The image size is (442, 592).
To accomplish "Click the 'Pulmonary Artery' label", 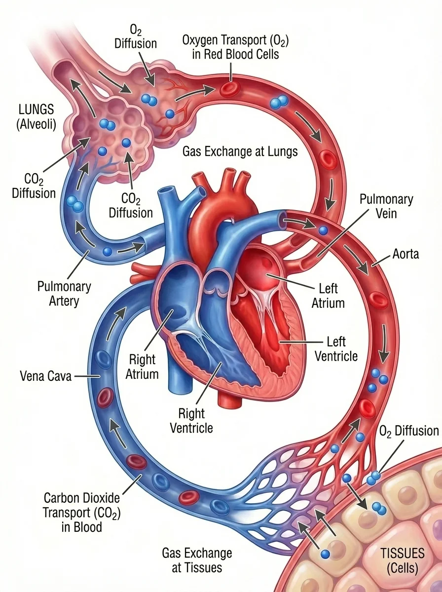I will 65,293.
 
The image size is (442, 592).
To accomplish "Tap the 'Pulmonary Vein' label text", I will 386,207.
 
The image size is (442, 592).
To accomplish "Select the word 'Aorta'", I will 405,254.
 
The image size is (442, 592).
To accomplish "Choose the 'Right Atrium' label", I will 142,366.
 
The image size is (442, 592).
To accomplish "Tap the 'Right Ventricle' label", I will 191,420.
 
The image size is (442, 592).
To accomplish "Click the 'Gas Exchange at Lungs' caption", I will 240,151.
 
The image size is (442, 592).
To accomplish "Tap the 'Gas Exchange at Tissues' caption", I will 197,560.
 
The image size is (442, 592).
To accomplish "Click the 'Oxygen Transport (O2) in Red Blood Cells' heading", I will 235,46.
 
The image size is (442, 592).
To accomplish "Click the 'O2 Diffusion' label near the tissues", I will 409,431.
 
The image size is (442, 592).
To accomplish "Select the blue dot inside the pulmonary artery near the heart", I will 107,252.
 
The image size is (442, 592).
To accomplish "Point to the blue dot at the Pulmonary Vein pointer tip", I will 323,230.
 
